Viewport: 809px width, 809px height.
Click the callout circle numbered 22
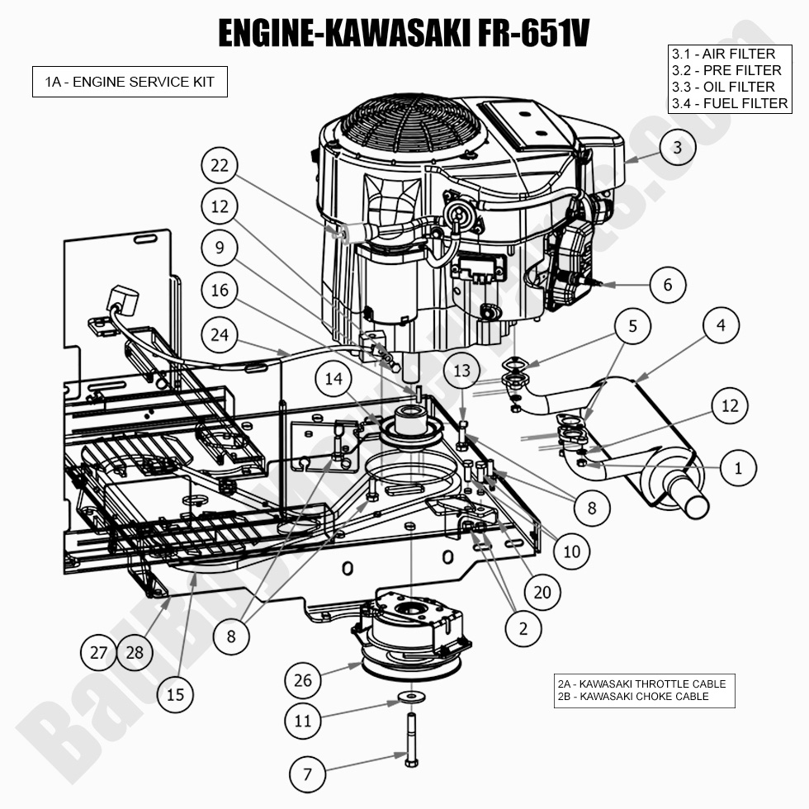[219, 166]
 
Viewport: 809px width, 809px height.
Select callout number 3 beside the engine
[677, 148]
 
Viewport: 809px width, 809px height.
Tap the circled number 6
[667, 285]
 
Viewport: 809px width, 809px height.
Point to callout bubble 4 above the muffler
[721, 325]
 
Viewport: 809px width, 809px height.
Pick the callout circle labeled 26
[303, 680]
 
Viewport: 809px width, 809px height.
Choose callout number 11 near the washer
[303, 721]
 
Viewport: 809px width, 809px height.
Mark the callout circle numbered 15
[176, 694]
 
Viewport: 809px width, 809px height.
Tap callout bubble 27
[99, 652]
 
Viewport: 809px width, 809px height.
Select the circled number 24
[219, 334]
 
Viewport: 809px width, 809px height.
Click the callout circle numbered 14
[333, 379]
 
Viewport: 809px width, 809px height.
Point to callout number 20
[542, 591]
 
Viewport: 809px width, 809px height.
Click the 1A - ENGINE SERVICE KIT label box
[130, 82]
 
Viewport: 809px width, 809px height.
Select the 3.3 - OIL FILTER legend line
[723, 87]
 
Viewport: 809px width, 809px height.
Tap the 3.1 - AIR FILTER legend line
[723, 54]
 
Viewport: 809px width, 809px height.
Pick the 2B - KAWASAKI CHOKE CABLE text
[633, 696]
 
